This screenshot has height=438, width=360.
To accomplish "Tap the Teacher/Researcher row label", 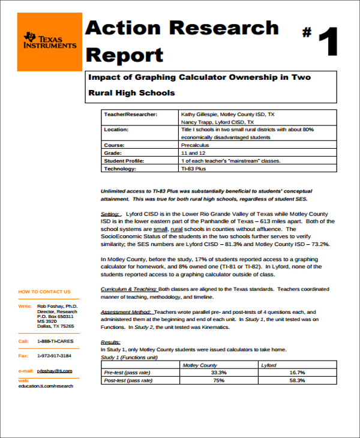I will pos(130,113).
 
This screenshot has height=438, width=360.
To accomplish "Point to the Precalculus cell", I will pos(195,145).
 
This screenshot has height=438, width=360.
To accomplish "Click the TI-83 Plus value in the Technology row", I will pos(193,169).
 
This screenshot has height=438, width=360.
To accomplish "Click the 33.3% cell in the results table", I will pos(218,373).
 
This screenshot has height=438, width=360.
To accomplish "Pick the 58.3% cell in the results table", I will pos(297,380).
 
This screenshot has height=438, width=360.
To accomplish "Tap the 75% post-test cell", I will pos(218,380).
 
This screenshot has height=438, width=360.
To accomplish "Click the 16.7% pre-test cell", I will pos(297,373).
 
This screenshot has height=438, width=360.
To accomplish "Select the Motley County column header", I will pos(200,365).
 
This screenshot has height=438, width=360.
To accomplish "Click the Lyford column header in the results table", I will pos(269,365).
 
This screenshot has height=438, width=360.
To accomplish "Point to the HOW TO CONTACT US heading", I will pos(44,292).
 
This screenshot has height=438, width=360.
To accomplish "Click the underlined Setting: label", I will pos(111,214).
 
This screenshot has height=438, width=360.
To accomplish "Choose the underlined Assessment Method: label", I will pos(127,313).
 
